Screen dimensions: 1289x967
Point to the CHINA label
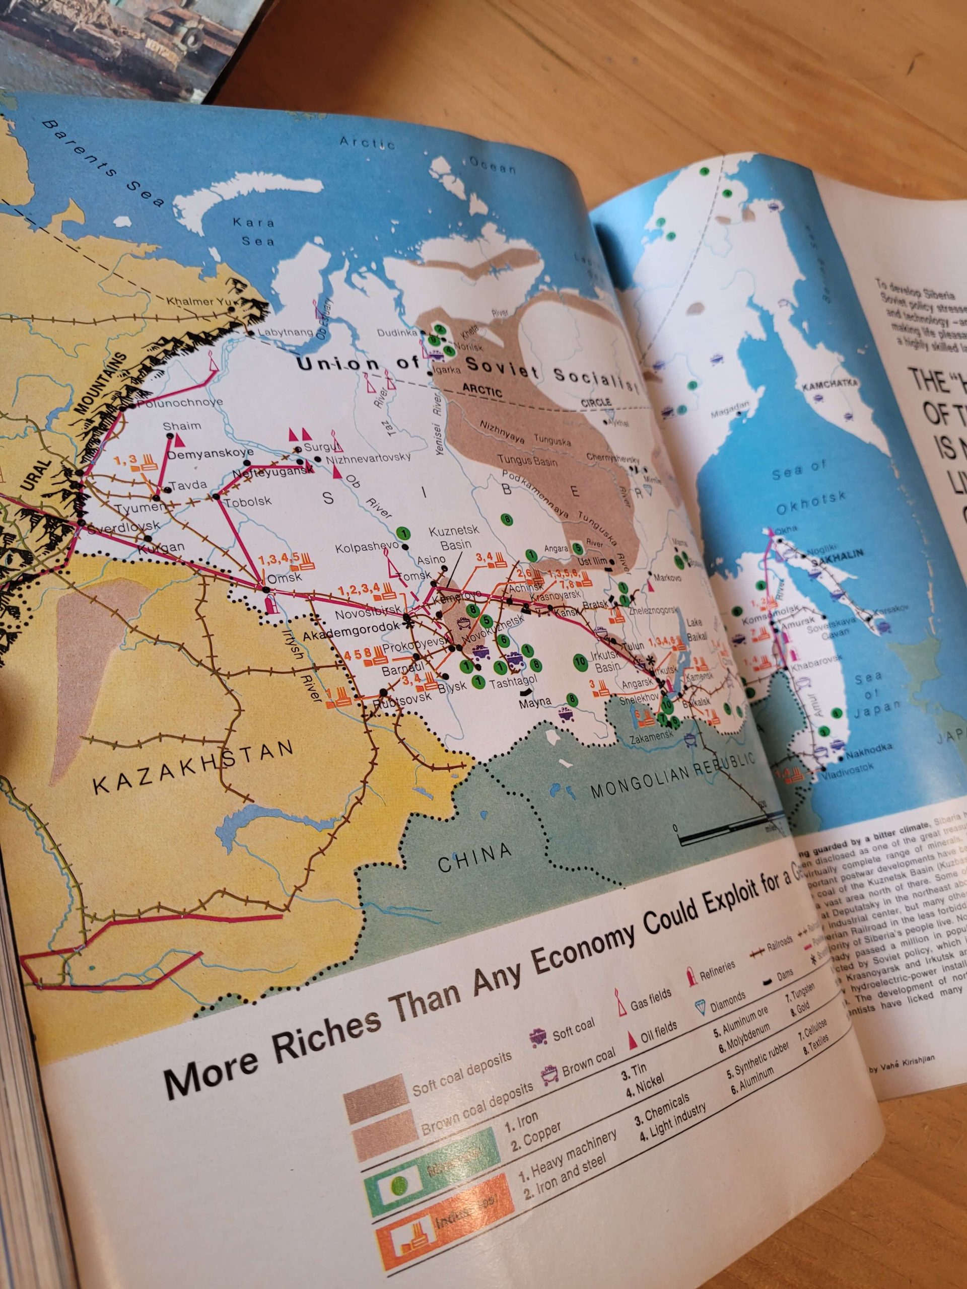(x=475, y=856)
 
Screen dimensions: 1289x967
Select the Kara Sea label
(x=255, y=231)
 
